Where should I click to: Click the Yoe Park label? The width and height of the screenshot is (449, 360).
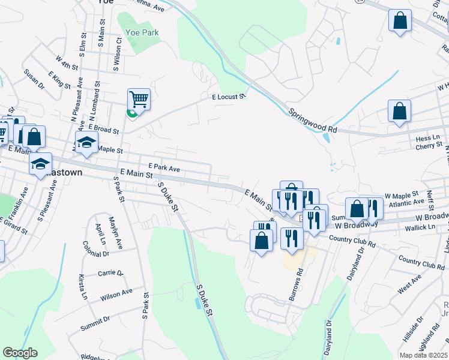tap(142, 32)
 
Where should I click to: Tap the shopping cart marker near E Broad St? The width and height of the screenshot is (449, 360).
tap(139, 99)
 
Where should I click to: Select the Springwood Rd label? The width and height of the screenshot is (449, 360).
tap(313, 121)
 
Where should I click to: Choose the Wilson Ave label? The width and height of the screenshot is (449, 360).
tap(116, 294)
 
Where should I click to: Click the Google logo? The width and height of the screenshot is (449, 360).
tap(20, 353)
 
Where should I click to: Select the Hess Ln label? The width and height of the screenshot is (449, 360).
tap(428, 139)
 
